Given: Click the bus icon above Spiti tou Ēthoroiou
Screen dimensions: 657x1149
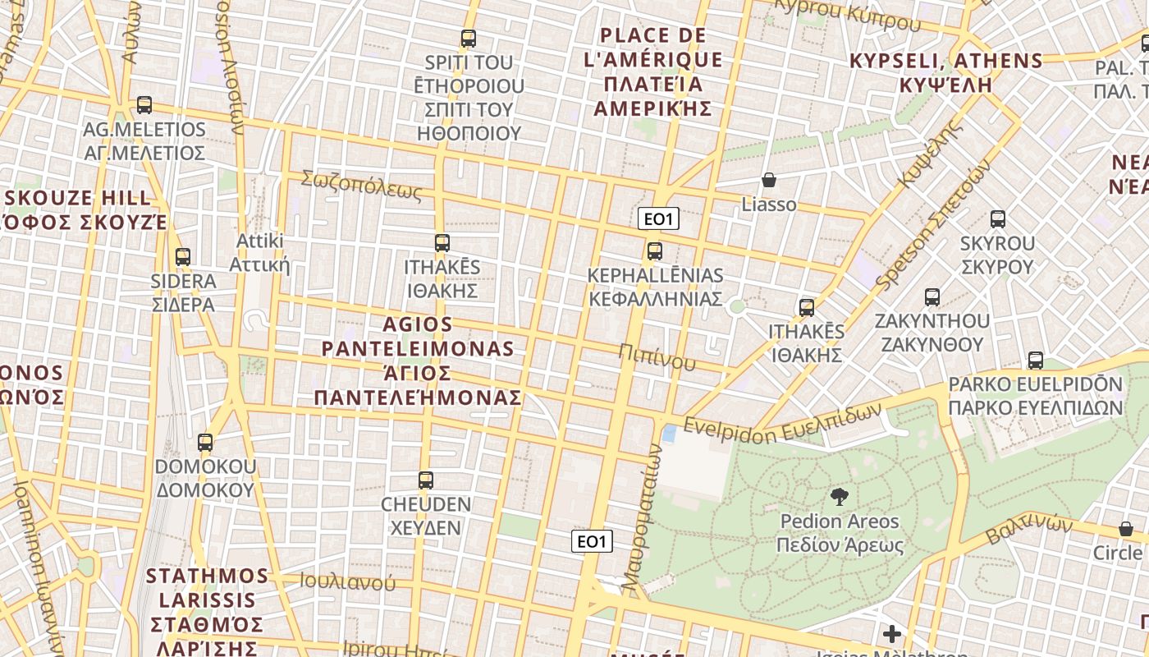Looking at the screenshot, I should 468,38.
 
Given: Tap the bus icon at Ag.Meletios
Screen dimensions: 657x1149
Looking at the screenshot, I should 144,105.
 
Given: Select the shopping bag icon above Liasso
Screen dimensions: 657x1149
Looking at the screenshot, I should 769,180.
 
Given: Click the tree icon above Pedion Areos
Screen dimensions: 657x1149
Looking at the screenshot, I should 839,496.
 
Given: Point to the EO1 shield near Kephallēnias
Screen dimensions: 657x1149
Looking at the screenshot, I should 658,219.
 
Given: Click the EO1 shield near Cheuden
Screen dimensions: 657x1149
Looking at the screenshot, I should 592,540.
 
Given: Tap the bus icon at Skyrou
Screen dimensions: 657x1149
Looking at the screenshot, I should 997,219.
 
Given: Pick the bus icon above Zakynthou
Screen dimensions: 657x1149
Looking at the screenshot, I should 932,296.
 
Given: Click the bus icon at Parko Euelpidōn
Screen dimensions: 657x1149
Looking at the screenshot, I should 1035,360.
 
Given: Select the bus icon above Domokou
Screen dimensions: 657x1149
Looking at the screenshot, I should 205,442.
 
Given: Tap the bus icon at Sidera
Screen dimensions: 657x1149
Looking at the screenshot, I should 183,257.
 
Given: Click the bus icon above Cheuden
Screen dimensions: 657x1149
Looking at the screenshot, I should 425,480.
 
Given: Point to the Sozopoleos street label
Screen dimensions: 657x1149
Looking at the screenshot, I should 361,186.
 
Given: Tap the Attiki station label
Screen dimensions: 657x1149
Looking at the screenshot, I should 259,253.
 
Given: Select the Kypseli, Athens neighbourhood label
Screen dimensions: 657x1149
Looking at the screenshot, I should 945,72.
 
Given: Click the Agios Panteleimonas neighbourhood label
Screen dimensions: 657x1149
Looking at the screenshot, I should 418,361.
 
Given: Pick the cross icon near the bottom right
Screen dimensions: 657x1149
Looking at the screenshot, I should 892,634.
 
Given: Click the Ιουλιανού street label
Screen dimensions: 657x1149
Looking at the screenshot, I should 347,582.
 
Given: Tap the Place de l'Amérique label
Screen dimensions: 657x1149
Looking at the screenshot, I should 653,71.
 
